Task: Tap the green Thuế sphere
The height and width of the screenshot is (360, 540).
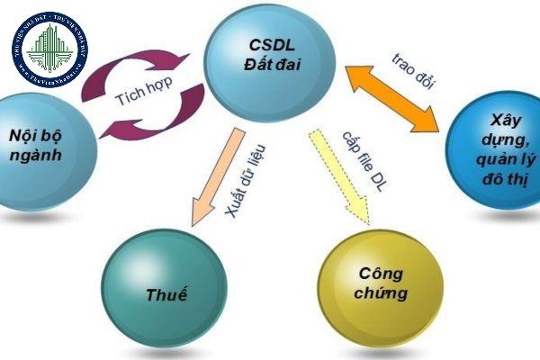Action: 162,290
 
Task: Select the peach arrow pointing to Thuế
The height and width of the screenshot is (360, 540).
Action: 216,175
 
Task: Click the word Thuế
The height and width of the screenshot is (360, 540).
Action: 163,293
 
